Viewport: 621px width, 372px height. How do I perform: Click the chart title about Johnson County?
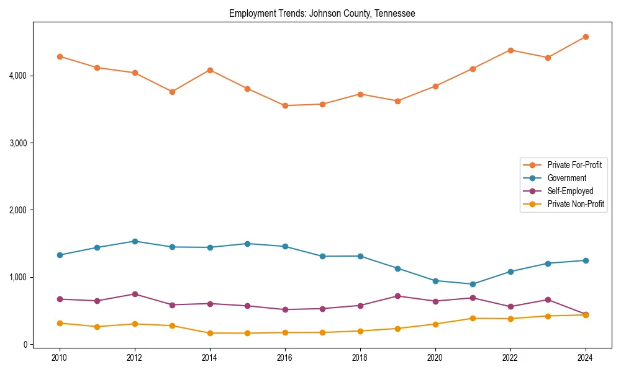coord(322,13)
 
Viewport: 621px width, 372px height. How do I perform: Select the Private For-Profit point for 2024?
coord(586,37)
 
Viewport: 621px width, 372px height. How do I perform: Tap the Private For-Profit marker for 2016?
coord(285,105)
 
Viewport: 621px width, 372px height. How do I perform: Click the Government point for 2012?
coord(135,241)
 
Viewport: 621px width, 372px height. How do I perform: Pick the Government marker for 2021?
coord(473,284)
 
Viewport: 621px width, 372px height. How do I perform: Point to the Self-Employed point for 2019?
coord(397,296)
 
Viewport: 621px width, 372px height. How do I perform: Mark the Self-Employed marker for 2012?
coord(135,294)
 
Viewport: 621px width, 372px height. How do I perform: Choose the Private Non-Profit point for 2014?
coord(210,333)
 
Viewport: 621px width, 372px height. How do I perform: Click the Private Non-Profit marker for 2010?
coord(60,323)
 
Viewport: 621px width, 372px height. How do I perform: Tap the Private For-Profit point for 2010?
coord(60,56)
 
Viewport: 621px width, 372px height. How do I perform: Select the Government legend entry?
coord(566,178)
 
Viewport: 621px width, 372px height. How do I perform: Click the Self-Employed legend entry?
coord(570,191)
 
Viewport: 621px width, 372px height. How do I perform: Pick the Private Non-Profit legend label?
coord(576,204)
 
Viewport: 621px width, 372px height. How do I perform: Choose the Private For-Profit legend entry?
coord(574,165)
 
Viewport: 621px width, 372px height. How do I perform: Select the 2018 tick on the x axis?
coord(360,358)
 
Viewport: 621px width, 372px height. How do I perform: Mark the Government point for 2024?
coord(586,260)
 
